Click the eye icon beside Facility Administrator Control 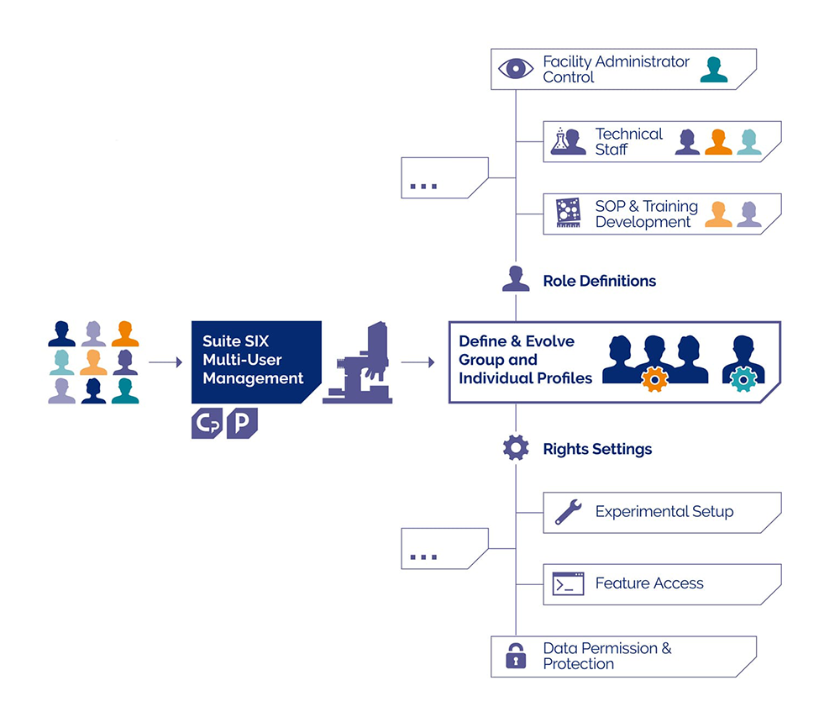coord(516,69)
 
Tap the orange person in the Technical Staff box coord(718,142)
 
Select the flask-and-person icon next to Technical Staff coord(568,141)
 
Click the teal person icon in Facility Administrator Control coord(714,70)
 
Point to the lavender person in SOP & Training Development coord(749,214)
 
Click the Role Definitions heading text coord(600,281)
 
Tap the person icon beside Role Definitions coord(516,279)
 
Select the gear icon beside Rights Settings coord(516,447)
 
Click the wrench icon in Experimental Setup coord(569,512)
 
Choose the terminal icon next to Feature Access coord(569,583)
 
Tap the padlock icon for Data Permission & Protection coord(516,655)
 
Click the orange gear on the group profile coord(654,379)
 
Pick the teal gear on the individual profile coord(743,379)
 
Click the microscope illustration coord(358,362)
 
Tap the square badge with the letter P coord(242,423)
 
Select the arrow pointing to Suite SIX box coord(165,362)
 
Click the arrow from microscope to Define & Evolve coord(417,362)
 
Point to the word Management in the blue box coord(254,378)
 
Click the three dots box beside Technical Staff coord(444,178)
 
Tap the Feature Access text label coord(649,583)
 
